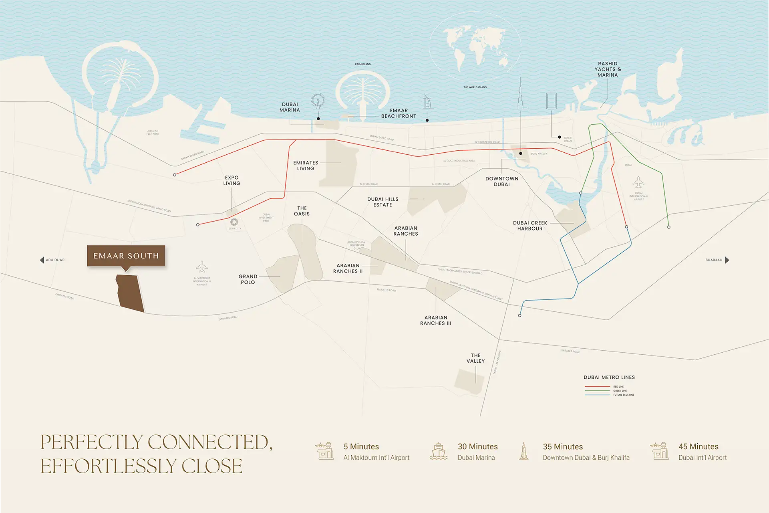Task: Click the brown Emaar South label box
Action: (x=126, y=256)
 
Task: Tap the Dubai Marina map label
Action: (x=290, y=107)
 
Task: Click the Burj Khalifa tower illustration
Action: (x=520, y=95)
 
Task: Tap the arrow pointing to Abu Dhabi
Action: (x=42, y=260)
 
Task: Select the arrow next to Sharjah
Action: (x=727, y=260)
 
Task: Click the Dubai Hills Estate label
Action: (x=382, y=202)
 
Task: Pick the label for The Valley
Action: (x=475, y=358)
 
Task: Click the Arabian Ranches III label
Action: (x=435, y=320)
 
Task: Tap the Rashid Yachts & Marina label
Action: (x=608, y=69)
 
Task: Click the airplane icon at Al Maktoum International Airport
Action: (x=202, y=267)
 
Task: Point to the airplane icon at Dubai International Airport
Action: (x=638, y=182)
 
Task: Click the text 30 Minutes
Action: (x=477, y=446)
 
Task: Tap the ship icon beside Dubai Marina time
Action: (x=439, y=451)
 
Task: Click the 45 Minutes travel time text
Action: (x=698, y=446)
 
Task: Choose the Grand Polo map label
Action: (x=248, y=279)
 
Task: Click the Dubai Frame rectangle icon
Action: (x=552, y=101)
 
